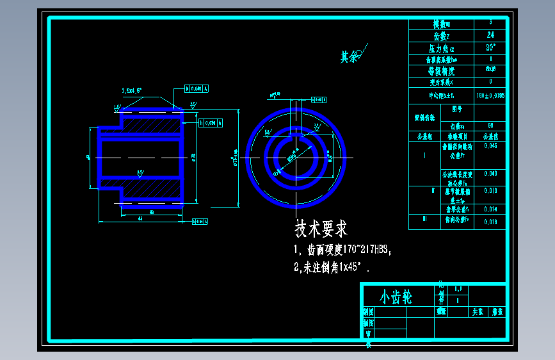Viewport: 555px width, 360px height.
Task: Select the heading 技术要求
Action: [x=321, y=228]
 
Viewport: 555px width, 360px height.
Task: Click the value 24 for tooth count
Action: [x=490, y=35]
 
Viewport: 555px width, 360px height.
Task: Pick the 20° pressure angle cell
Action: [x=490, y=47]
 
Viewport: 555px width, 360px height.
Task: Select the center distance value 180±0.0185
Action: [x=490, y=95]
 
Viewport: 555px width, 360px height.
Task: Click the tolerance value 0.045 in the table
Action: [x=490, y=146]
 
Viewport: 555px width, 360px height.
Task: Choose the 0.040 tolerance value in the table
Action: [x=490, y=174]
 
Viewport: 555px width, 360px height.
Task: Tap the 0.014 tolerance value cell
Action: [x=490, y=209]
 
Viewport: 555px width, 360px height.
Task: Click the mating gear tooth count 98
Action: [x=490, y=126]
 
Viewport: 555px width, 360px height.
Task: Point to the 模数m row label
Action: [x=442, y=24]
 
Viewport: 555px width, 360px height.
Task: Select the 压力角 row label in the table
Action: [x=442, y=48]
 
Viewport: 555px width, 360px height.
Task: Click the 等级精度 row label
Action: [x=442, y=70]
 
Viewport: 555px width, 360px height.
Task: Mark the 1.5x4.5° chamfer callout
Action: [x=131, y=91]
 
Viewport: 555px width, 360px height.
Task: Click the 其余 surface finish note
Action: [x=349, y=57]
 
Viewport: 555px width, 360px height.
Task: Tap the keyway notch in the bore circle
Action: [x=296, y=136]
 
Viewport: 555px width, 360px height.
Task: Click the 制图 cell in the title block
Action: [x=368, y=313]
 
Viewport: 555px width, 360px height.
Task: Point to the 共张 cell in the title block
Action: [x=478, y=312]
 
